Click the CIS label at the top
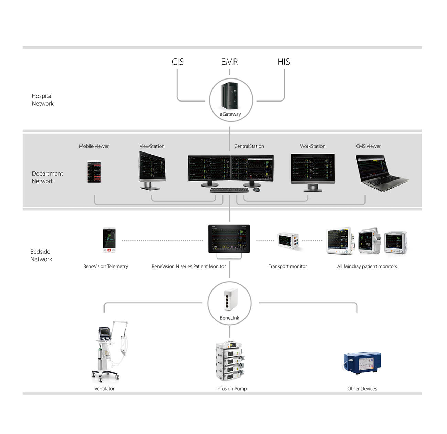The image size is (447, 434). pos(177,62)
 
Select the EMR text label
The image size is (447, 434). pos(229,62)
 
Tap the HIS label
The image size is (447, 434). pos(284,62)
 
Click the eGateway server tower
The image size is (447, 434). pos(230,95)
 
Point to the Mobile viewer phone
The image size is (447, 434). pos(94,172)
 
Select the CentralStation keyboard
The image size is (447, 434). pos(229,190)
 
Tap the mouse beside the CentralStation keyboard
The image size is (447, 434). pos(256,190)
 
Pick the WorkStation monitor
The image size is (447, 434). pos(313,169)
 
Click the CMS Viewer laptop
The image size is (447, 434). pos(380,172)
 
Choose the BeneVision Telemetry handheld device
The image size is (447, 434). pos(109,240)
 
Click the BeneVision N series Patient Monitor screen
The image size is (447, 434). pos(229,239)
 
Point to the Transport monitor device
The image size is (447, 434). pos(288,241)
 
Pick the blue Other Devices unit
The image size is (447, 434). pos(362,363)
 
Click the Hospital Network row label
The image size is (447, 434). pos(43,100)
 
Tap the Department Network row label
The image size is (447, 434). pos(47,177)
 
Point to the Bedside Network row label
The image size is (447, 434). pos(41,255)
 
